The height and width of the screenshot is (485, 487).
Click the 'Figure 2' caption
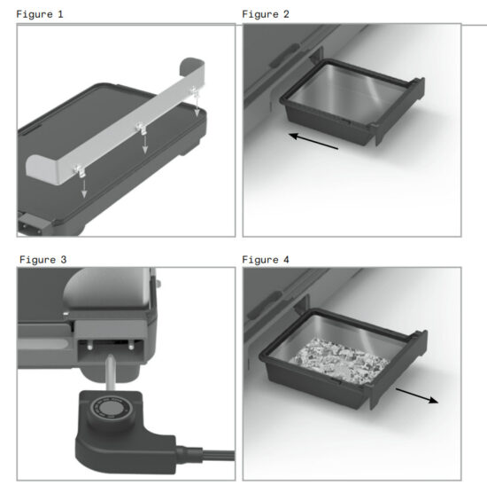click(x=265, y=15)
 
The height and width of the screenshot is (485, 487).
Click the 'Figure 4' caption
click(x=265, y=260)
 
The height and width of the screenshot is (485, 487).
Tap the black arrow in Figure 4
click(x=415, y=395)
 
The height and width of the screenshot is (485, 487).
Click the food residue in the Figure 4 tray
click(x=341, y=359)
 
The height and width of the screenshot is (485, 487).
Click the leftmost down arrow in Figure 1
click(x=83, y=188)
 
